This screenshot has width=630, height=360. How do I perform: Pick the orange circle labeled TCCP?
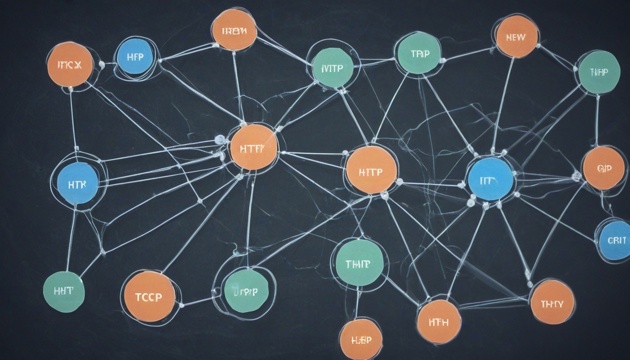(x=149, y=296)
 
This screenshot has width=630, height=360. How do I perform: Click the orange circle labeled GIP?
(x=604, y=168)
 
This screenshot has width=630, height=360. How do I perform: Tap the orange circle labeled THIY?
(x=552, y=302)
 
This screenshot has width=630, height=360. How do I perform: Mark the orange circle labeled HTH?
(x=438, y=321)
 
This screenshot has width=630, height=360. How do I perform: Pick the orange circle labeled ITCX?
(x=70, y=65)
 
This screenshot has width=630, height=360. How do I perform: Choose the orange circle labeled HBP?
(x=360, y=339)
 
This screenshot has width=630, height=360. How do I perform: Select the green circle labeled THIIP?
(x=360, y=262)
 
